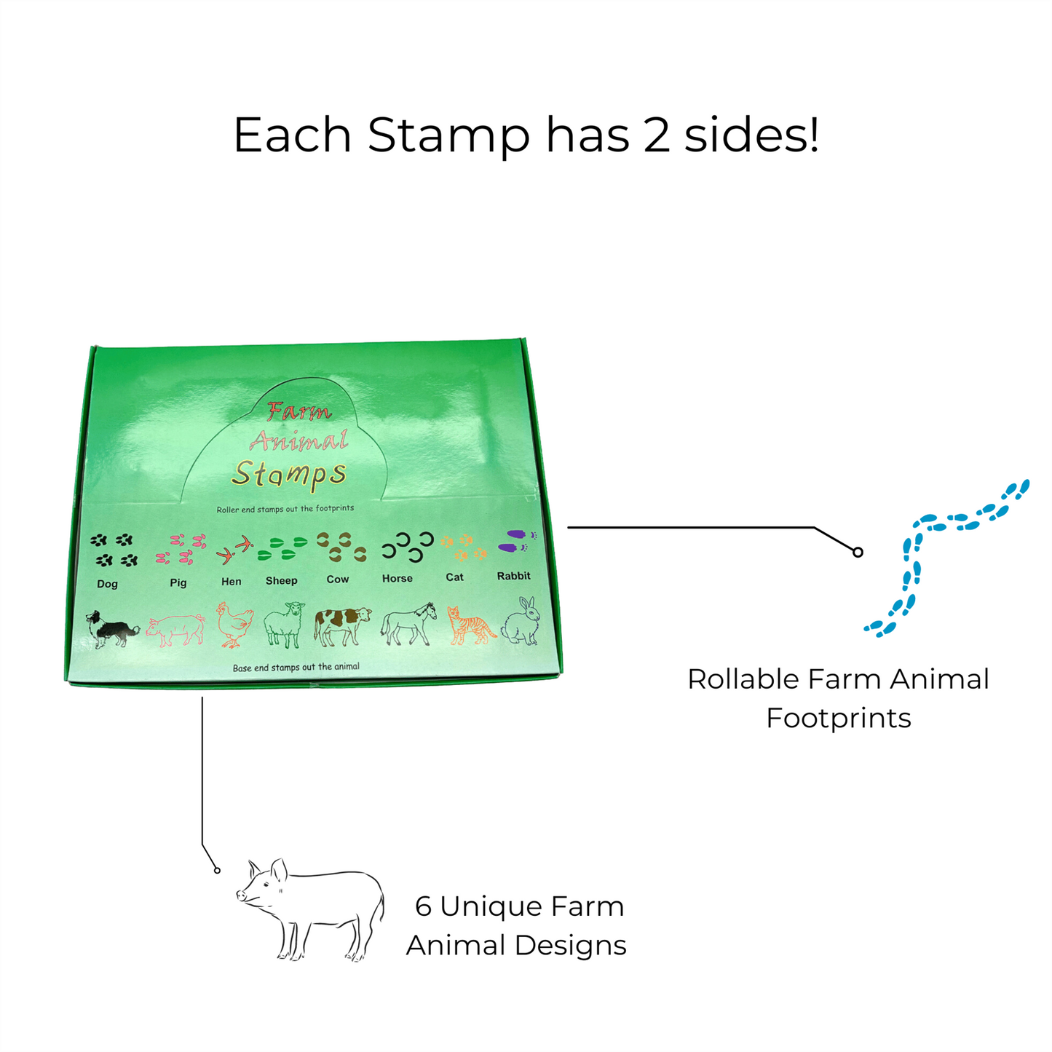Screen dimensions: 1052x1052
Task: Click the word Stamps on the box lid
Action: click(289, 474)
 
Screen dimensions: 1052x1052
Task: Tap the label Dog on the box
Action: click(107, 584)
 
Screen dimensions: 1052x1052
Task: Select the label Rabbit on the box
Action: click(513, 576)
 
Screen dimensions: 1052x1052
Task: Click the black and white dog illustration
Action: click(111, 629)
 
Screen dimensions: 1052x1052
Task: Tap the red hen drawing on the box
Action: click(234, 625)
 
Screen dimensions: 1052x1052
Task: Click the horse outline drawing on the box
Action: click(408, 624)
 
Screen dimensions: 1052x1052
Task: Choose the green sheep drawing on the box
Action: click(283, 625)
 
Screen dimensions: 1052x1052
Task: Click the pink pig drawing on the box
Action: click(175, 629)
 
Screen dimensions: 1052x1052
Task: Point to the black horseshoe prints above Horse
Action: click(408, 547)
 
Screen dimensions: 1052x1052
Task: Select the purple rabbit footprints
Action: click(517, 541)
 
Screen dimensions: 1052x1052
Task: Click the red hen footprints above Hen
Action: click(234, 550)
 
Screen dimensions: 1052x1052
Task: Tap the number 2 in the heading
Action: click(657, 135)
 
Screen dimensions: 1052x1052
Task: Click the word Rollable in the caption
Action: click(743, 679)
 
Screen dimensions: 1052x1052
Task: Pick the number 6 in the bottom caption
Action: click(423, 906)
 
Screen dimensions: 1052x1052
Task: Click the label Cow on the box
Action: click(338, 580)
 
